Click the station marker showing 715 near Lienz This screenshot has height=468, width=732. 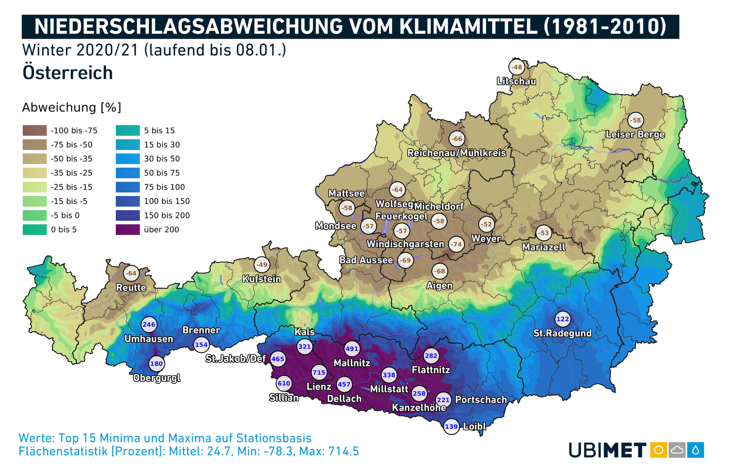(319, 372)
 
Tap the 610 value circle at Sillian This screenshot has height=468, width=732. (284, 383)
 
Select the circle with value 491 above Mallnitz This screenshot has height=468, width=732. (352, 349)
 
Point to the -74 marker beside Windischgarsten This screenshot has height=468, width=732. (456, 244)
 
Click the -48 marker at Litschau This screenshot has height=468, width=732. (517, 67)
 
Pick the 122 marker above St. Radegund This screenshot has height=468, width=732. (563, 319)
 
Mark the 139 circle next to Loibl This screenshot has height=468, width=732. (451, 427)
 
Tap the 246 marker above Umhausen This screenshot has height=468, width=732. (149, 324)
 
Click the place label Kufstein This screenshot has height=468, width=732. (262, 279)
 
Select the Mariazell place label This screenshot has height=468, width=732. (544, 247)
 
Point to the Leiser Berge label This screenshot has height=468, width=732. (635, 134)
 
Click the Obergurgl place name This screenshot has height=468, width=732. (157, 378)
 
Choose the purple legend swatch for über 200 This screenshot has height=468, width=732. (127, 230)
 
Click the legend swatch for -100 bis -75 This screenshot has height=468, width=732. (35, 131)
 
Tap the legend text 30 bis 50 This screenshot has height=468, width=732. (162, 159)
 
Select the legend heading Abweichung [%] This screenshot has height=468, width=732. (72, 107)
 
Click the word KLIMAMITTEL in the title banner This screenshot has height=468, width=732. (468, 26)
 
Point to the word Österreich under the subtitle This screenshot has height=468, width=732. (68, 73)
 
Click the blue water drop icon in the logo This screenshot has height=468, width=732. (695, 449)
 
